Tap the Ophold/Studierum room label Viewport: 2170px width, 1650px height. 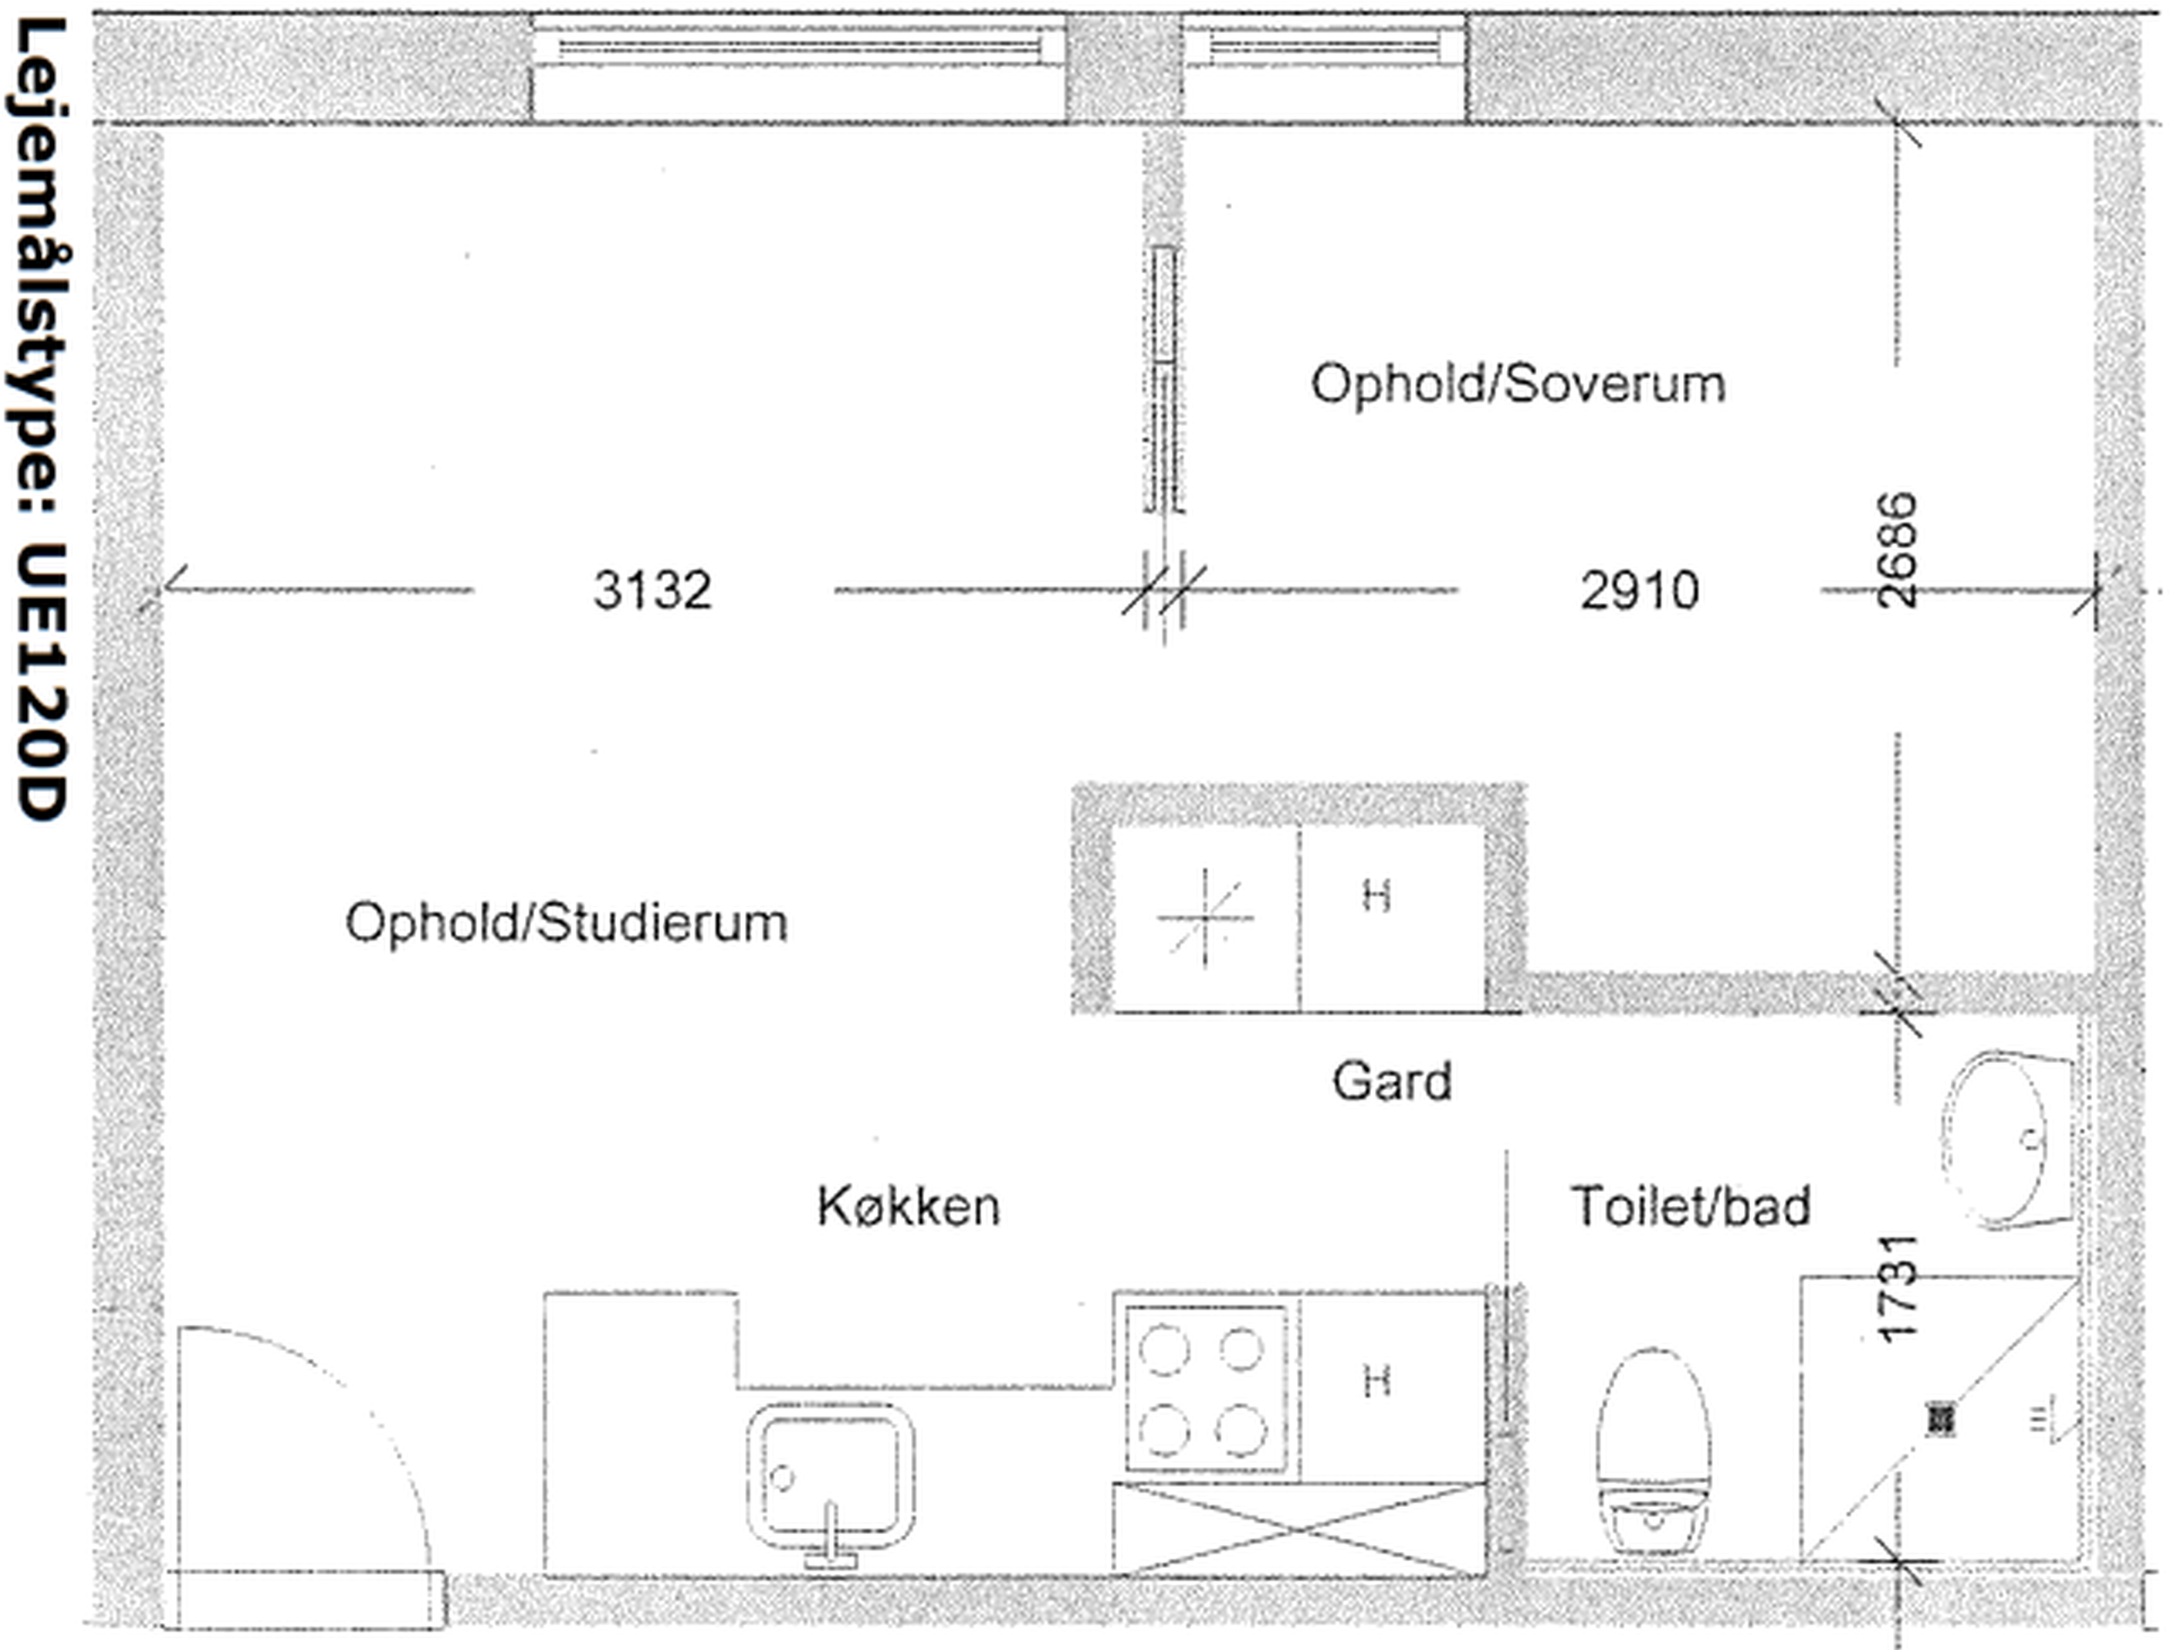[x=566, y=924]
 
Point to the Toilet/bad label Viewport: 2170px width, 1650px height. [x=1691, y=1206]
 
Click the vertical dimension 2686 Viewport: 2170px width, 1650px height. [x=1896, y=550]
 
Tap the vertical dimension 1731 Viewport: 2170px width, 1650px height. [x=1896, y=1287]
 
